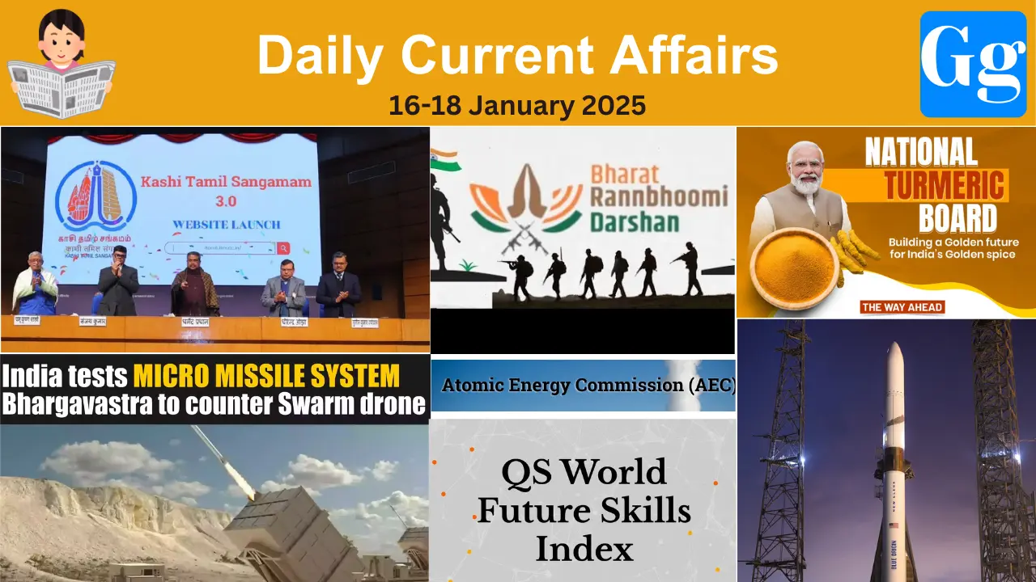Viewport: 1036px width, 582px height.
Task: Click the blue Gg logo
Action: tap(973, 64)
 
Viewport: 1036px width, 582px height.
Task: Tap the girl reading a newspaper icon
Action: tap(61, 63)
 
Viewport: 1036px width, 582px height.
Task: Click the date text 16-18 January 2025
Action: tap(517, 105)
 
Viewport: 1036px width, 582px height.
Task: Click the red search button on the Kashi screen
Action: tap(283, 248)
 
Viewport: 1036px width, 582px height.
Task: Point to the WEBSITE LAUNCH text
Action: tap(226, 224)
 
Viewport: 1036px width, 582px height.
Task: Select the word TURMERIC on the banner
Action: tap(945, 185)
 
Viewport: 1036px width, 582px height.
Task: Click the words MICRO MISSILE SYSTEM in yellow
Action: tap(266, 377)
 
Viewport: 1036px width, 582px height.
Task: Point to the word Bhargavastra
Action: tap(74, 403)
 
